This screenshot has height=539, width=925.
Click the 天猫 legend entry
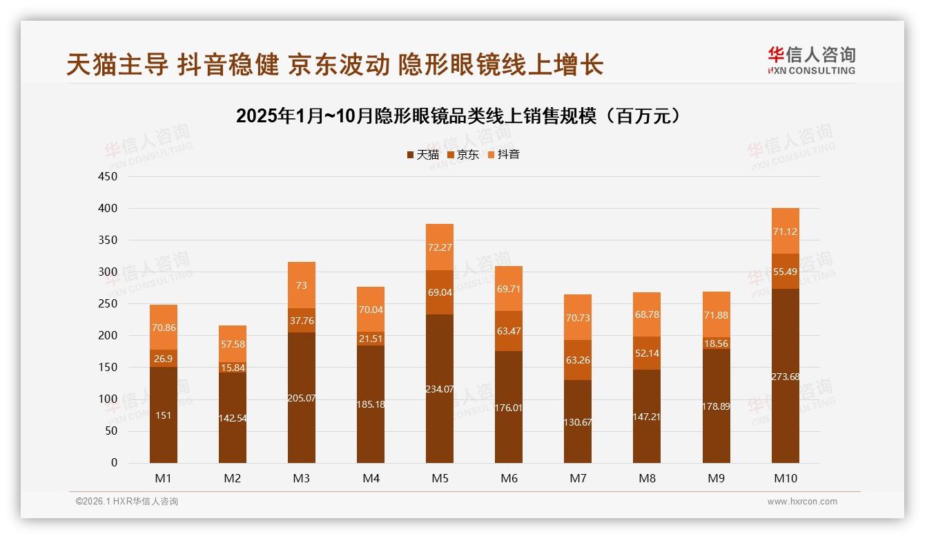pyautogui.click(x=423, y=155)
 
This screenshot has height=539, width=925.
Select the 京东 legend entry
pyautogui.click(x=463, y=155)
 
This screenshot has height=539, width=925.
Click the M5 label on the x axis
pyautogui.click(x=440, y=478)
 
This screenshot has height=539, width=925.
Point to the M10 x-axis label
pyautogui.click(x=785, y=478)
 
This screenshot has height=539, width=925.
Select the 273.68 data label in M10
pyautogui.click(x=785, y=377)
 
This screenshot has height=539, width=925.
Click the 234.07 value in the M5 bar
pyautogui.click(x=440, y=389)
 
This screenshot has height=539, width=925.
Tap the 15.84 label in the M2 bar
pyautogui.click(x=233, y=368)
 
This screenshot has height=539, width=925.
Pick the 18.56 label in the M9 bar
pyautogui.click(x=716, y=343)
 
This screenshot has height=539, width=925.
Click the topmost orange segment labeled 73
pyautogui.click(x=302, y=285)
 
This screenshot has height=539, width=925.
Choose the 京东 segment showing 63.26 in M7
pyautogui.click(x=578, y=360)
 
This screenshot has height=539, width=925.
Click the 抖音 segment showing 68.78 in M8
pyautogui.click(x=647, y=314)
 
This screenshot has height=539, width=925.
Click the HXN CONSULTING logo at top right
pyautogui.click(x=811, y=61)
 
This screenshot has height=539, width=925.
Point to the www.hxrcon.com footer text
pyautogui.click(x=802, y=502)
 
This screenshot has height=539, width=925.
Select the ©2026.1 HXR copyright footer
pyautogui.click(x=126, y=502)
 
